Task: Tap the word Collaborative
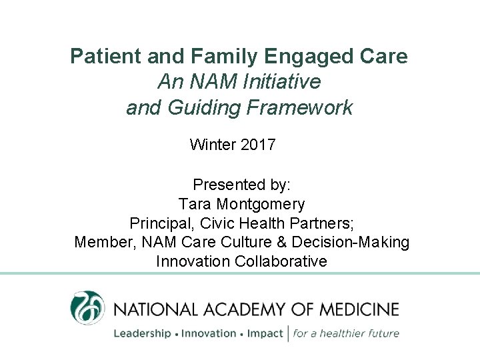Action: [281, 261]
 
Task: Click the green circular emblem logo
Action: [87, 308]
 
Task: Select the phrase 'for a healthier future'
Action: [347, 333]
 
